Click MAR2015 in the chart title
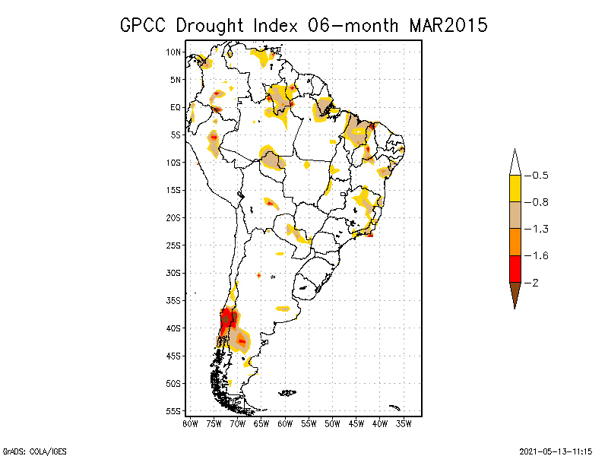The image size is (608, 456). click(448, 24)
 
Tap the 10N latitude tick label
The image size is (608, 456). click(174, 52)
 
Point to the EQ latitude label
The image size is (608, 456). click(176, 107)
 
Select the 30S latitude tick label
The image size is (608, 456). click(174, 273)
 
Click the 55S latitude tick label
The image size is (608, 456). click(174, 411)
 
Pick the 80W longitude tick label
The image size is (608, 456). click(190, 423)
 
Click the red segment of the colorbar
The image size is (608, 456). click(515, 269)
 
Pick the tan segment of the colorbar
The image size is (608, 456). click(515, 215)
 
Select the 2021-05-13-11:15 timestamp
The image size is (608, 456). click(556, 450)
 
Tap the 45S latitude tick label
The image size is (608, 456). click(174, 356)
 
